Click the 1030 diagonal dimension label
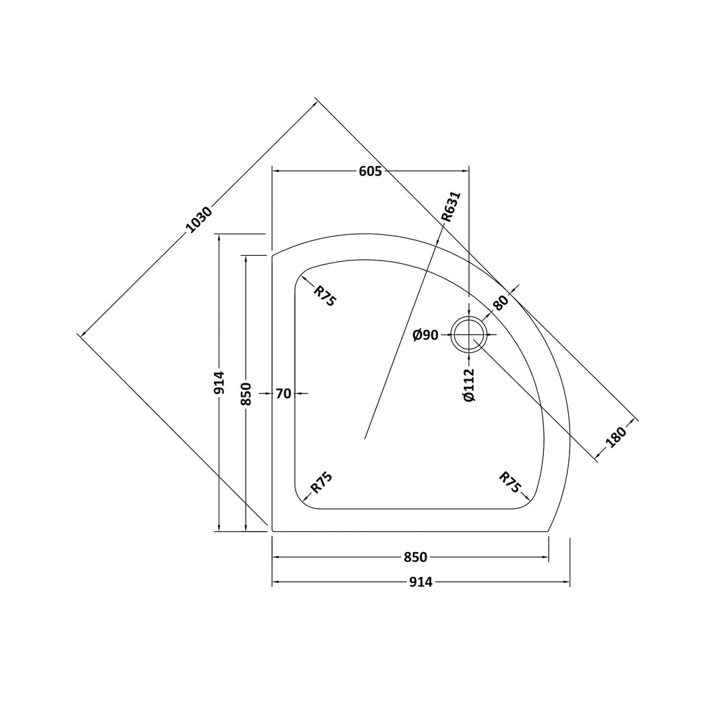click(x=200, y=220)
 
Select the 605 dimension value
click(x=370, y=171)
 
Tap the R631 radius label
click(x=451, y=207)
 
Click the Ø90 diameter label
click(x=425, y=335)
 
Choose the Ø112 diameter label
click(x=469, y=385)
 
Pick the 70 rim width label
click(x=283, y=393)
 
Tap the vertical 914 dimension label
click(x=219, y=383)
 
